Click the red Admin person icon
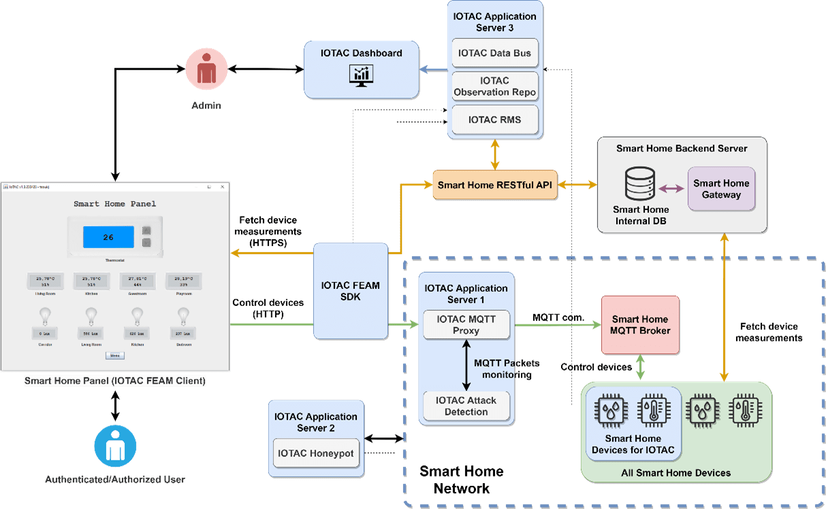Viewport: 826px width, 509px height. pyautogui.click(x=206, y=70)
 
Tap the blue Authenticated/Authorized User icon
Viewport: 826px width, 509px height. pyautogui.click(x=115, y=446)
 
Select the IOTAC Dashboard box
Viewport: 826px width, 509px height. pyautogui.click(x=361, y=68)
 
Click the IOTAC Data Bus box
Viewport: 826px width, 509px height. pyautogui.click(x=494, y=52)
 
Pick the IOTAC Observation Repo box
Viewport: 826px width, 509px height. pyautogui.click(x=494, y=87)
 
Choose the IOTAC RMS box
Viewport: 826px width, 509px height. pyautogui.click(x=494, y=120)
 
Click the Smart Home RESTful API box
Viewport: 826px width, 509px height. pyautogui.click(x=495, y=185)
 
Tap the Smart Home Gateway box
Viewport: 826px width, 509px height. pyautogui.click(x=721, y=189)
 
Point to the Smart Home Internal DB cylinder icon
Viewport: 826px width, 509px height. pyautogui.click(x=640, y=185)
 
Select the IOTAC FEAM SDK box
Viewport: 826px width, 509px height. pyautogui.click(x=350, y=292)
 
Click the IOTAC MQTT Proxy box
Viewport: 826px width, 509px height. pyautogui.click(x=466, y=325)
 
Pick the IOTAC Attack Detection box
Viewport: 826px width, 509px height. pyautogui.click(x=466, y=406)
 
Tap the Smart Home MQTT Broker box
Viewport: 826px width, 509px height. pyautogui.click(x=640, y=325)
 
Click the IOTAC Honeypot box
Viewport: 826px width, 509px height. pyautogui.click(x=316, y=453)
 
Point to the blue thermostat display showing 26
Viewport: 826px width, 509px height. pyautogui.click(x=108, y=237)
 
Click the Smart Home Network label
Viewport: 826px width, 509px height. pyautogui.click(x=462, y=480)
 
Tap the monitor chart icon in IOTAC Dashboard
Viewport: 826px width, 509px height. pyautogui.click(x=360, y=74)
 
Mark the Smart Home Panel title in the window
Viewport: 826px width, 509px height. pyautogui.click(x=114, y=203)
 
